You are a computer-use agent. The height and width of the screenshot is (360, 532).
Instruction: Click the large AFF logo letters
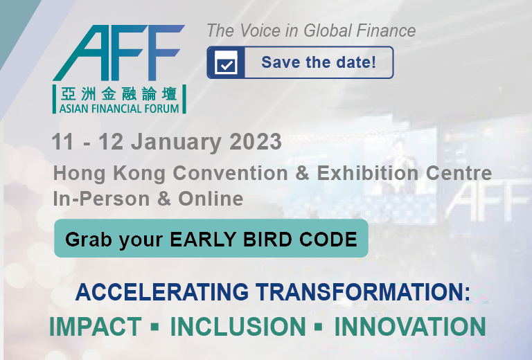click(118, 53)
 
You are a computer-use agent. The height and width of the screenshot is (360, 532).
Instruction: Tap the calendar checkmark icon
click(227, 63)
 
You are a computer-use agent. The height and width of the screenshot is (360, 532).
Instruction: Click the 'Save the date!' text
click(319, 62)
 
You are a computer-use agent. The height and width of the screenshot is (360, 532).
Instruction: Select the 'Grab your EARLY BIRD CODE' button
click(211, 238)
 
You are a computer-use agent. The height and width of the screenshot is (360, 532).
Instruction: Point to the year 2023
click(256, 141)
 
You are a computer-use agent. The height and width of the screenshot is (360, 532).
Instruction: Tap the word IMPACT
click(96, 327)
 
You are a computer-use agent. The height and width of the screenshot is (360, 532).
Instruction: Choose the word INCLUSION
click(238, 327)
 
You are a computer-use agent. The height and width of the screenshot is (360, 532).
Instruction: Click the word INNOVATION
click(410, 327)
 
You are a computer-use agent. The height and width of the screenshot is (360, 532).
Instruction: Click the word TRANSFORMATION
click(363, 292)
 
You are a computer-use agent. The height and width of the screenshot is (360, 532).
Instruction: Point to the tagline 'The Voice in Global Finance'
click(311, 30)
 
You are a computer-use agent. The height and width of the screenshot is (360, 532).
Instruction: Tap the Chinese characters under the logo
click(119, 94)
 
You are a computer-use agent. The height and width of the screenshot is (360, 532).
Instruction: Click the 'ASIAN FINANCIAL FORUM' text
click(119, 109)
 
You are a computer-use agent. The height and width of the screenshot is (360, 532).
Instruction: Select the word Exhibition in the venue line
click(367, 173)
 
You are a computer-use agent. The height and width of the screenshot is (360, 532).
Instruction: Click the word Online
click(211, 198)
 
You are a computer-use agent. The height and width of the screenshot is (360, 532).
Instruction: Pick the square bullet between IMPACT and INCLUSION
click(155, 327)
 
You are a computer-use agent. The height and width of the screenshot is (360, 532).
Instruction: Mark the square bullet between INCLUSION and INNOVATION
click(319, 327)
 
